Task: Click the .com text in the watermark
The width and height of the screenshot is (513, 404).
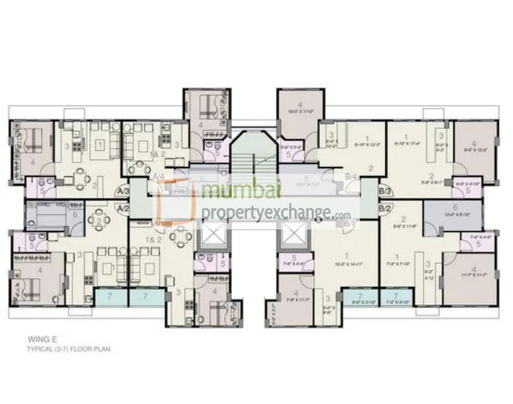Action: click(341, 215)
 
